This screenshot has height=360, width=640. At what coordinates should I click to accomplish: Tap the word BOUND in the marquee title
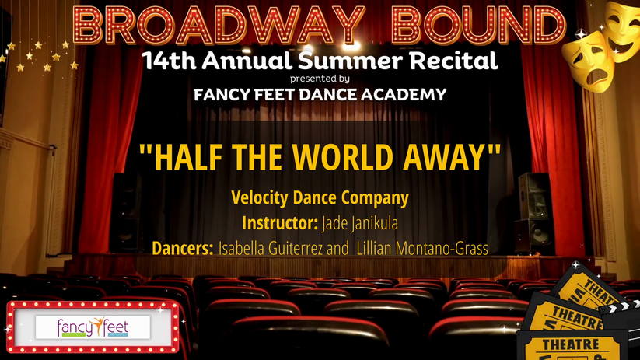tap(478, 25)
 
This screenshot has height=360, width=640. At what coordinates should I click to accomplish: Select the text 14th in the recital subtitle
tap(169, 61)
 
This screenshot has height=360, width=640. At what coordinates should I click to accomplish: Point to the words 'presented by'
tap(320, 79)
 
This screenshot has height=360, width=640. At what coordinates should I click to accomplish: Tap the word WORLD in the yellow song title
tap(342, 158)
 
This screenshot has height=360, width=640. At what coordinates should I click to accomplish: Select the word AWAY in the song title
tap(444, 158)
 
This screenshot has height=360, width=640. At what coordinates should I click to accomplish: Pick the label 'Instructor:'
tap(280, 223)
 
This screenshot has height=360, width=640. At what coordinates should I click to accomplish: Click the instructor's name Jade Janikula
tap(360, 224)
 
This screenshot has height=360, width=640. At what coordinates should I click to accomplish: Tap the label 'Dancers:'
tap(183, 248)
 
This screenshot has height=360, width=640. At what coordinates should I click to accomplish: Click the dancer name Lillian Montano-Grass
tap(422, 249)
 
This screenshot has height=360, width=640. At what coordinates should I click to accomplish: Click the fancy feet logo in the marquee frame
tap(93, 327)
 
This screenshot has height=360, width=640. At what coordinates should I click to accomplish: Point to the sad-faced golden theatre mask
tap(588, 61)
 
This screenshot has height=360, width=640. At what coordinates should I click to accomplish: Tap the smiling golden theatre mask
tap(621, 30)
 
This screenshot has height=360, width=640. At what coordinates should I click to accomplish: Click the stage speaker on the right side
tap(535, 213)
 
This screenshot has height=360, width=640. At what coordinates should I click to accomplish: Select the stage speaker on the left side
tap(126, 212)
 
